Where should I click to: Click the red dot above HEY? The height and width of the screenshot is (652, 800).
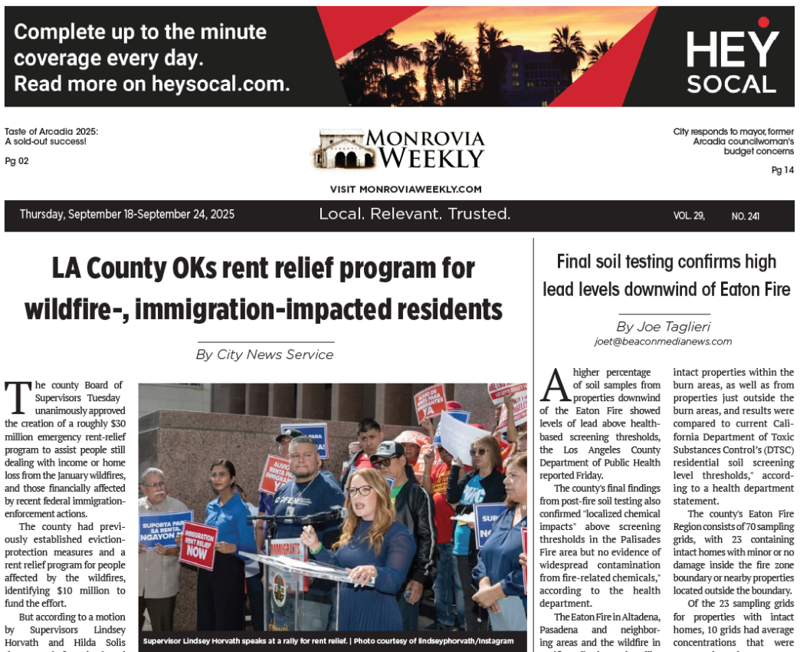(763, 22)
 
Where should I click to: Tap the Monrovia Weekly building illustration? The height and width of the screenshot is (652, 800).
(337, 150)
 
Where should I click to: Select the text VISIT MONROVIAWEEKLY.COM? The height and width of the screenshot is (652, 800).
(405, 189)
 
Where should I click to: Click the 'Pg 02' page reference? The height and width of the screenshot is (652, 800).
(17, 161)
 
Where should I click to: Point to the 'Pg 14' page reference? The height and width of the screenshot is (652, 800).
(782, 170)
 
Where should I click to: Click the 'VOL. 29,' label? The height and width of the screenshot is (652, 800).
(689, 216)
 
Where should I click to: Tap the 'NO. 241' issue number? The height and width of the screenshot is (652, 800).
(745, 216)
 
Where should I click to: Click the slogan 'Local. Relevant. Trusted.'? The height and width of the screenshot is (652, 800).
(415, 214)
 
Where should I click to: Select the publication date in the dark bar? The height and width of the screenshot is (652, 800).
(127, 215)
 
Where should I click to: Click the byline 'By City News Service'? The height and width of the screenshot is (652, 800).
(264, 354)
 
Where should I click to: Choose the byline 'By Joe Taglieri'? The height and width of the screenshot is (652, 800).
(663, 327)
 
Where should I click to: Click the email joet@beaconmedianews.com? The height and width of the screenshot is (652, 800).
(663, 341)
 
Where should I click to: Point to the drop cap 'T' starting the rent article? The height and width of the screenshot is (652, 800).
(17, 397)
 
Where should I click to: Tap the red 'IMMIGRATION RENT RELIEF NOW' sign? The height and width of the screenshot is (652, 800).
(198, 545)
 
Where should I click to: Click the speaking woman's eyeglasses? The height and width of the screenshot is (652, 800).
(359, 490)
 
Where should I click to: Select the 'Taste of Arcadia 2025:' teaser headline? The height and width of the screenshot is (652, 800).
(51, 131)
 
